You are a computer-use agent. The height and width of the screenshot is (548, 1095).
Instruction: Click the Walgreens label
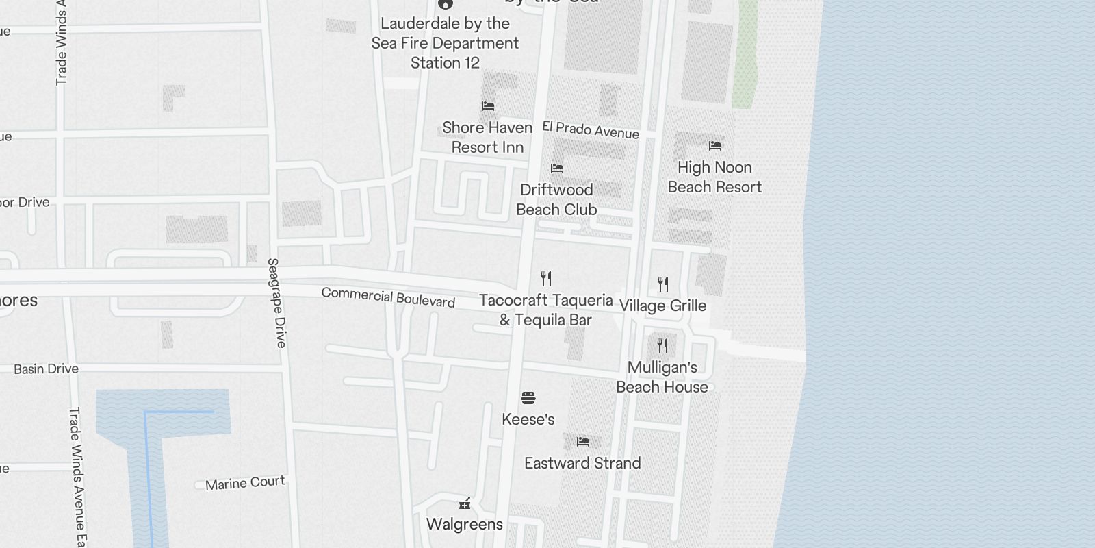(464, 524)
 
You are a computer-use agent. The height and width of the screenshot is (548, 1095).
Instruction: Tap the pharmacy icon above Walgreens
(465, 505)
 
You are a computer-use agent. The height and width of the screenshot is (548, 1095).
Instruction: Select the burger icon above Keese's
(528, 398)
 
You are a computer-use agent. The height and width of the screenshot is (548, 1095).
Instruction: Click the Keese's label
(528, 419)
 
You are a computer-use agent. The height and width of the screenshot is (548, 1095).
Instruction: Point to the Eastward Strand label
(582, 463)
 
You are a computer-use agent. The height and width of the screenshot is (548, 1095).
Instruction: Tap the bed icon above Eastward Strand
(582, 442)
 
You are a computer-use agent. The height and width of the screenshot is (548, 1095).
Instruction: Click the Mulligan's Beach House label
(662, 377)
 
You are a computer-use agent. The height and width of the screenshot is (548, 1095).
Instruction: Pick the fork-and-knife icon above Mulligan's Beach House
(662, 346)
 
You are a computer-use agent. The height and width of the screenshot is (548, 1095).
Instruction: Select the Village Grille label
(662, 306)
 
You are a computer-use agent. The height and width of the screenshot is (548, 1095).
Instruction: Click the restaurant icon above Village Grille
(662, 284)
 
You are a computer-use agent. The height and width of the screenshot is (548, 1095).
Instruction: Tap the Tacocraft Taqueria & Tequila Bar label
(545, 310)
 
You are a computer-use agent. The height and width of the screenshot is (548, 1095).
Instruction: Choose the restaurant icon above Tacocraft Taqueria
(545, 279)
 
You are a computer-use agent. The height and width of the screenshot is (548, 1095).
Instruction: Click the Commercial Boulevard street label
(388, 297)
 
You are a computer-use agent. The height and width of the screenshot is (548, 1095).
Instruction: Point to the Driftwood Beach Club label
(556, 199)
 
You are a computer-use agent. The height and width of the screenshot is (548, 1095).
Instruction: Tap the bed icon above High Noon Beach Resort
(715, 146)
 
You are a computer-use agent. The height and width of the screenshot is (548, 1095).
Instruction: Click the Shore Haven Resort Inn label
(487, 137)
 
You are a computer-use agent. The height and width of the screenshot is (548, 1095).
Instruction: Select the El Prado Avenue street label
(591, 129)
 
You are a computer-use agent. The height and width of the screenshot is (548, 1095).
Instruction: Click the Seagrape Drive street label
(276, 303)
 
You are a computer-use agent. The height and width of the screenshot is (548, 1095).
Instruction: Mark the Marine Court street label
(245, 483)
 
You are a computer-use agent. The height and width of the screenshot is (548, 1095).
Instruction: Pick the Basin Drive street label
(46, 369)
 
